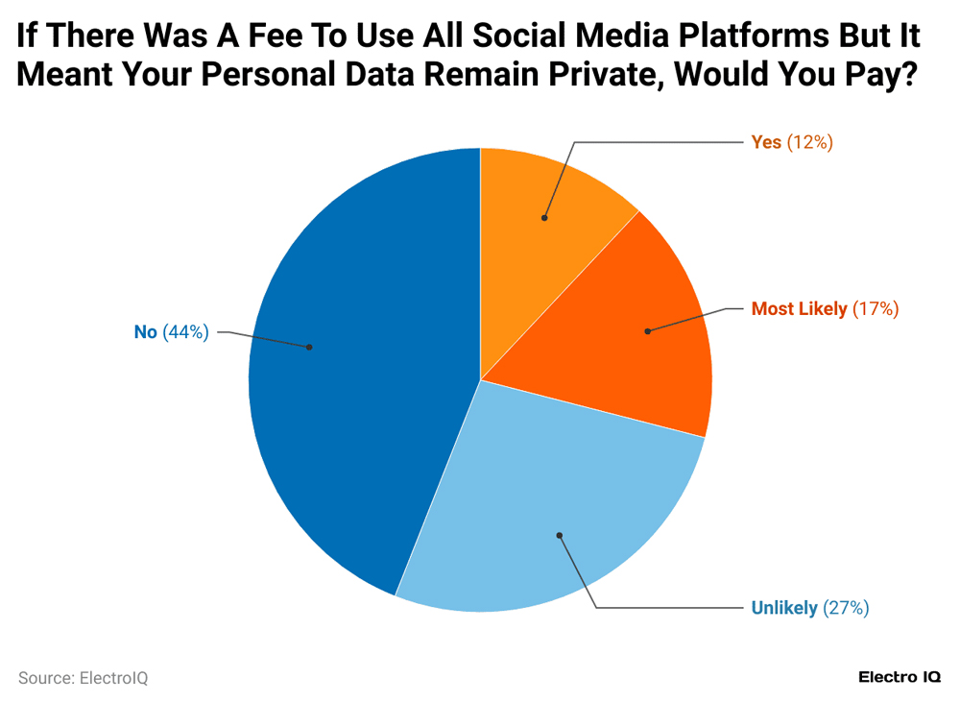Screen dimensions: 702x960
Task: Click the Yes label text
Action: pos(766,142)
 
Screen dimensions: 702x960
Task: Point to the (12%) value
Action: pos(809,142)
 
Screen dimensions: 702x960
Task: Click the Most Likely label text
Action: pos(799,309)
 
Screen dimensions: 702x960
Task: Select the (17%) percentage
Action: pos(875,309)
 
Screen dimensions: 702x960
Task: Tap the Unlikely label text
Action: pos(783,608)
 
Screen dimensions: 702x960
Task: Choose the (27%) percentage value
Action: pos(846,608)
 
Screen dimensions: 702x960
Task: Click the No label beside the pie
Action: pos(145,332)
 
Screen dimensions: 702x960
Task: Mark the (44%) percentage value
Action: pos(185,332)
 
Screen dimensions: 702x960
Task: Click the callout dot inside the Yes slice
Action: pos(544,218)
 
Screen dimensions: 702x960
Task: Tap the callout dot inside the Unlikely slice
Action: pos(559,535)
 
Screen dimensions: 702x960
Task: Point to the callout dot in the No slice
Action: pos(309,347)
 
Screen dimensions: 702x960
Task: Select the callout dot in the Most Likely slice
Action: pos(647,330)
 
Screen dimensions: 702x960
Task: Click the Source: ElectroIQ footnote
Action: pos(84,678)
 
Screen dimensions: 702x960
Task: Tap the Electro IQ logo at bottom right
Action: pos(899,677)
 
